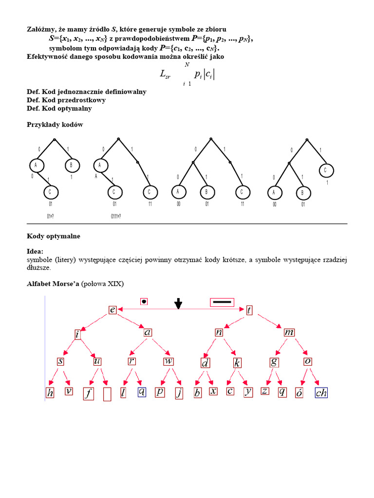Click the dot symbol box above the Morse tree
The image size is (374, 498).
[144, 302]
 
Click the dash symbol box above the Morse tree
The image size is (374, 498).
[222, 302]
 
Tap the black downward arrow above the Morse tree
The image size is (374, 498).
[178, 303]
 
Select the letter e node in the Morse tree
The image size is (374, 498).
[112, 310]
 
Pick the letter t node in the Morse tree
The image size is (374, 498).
[249, 310]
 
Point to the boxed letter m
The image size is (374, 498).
[289, 333]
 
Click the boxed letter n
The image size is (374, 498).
[219, 333]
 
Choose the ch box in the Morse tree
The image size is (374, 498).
[321, 393]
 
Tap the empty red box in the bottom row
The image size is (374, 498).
[108, 394]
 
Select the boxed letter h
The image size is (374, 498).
[50, 393]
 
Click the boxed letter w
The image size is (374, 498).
[168, 361]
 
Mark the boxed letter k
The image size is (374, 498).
[238, 363]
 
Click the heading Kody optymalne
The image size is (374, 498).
[54, 236]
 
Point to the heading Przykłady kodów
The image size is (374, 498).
[55, 124]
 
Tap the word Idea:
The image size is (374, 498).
[35, 251]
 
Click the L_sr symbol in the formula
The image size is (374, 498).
[165, 74]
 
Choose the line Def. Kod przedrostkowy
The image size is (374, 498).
[66, 100]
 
